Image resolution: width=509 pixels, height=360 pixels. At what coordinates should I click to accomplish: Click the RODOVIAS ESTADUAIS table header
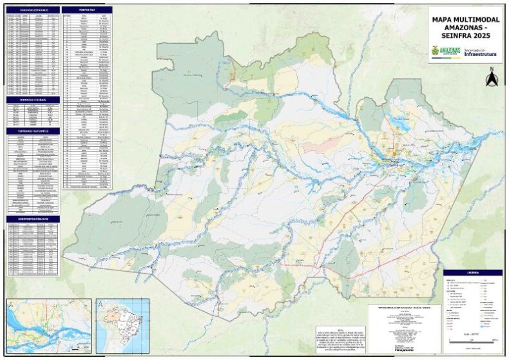click(x=32, y=10)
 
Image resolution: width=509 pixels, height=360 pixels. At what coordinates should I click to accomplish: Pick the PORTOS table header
click(x=86, y=10)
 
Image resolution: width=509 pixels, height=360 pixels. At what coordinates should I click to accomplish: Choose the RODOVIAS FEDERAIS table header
click(x=32, y=100)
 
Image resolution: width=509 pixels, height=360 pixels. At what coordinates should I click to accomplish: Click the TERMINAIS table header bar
click(x=32, y=131)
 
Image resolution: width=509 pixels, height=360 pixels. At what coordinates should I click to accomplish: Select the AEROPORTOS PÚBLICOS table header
click(x=32, y=219)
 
